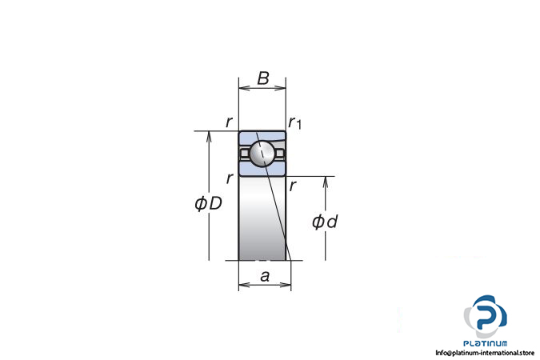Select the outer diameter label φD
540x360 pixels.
(208, 204)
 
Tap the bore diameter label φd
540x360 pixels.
(324, 222)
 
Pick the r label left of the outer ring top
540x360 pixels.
(229, 122)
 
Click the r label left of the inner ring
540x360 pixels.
(230, 178)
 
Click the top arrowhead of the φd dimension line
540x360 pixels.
(326, 181)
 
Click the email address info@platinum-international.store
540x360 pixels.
(485, 353)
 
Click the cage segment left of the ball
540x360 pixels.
(245, 152)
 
